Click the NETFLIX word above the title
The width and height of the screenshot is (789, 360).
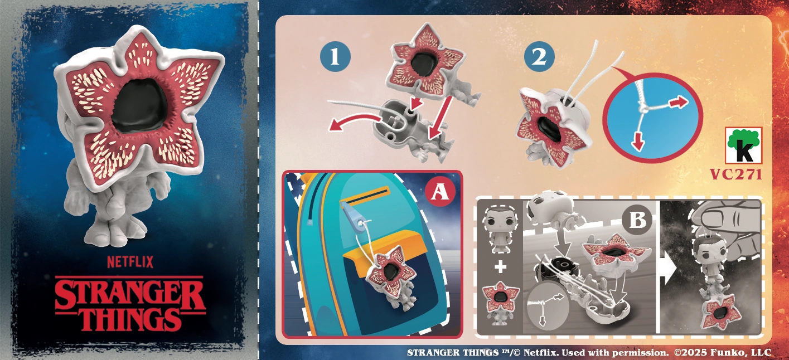(130, 262)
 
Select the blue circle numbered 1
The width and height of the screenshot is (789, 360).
(335, 57)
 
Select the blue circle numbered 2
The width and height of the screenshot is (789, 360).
(539, 57)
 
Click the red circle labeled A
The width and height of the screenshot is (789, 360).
(439, 192)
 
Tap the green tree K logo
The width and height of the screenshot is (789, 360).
(743, 145)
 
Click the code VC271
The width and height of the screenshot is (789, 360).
(735, 174)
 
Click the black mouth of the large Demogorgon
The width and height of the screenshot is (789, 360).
(140, 105)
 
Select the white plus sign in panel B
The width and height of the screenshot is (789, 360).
(500, 267)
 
